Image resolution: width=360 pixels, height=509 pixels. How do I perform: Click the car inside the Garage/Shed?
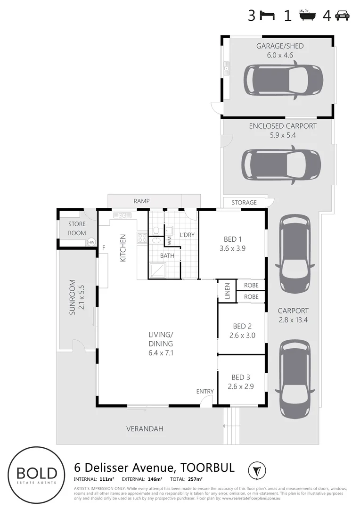pos(283,81)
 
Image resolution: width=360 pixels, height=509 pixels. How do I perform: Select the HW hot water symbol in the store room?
pos(91,242)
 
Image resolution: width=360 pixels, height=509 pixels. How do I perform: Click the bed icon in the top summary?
pos(268,16)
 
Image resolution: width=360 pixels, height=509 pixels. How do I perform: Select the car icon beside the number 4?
pos(342,16)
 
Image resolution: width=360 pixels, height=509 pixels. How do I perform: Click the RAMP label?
pos(141,201)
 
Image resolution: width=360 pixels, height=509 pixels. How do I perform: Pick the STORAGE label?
pos(244,203)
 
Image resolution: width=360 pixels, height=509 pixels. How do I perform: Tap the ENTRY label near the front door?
pos(205,391)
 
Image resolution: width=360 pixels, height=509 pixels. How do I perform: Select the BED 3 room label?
pos(241,377)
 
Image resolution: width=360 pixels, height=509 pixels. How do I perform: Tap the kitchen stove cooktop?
pos(142,238)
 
